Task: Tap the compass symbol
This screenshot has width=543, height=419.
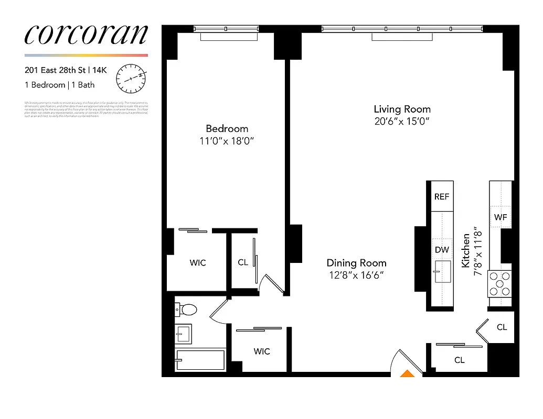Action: (131, 77)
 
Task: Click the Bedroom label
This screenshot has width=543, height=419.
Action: (227, 129)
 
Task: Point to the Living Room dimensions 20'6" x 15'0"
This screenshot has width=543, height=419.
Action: (402, 122)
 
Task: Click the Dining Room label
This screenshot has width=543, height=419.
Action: (356, 263)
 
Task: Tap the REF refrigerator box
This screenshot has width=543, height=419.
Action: (442, 197)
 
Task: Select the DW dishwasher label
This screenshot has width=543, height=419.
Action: (442, 250)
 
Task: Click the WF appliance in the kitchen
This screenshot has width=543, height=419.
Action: (500, 217)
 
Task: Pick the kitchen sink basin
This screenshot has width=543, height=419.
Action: (442, 271)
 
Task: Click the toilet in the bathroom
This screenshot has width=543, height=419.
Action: (186, 310)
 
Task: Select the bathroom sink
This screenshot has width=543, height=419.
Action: (184, 333)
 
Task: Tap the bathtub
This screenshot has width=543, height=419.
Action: (200, 360)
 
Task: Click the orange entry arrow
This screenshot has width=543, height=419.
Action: (407, 373)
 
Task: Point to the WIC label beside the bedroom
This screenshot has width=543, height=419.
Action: (198, 262)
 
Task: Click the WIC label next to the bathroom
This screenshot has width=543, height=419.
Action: (262, 351)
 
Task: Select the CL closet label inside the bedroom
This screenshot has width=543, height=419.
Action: (242, 262)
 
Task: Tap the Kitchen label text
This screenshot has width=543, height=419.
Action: (465, 251)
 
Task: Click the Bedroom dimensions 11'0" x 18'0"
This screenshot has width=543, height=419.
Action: (227, 141)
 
